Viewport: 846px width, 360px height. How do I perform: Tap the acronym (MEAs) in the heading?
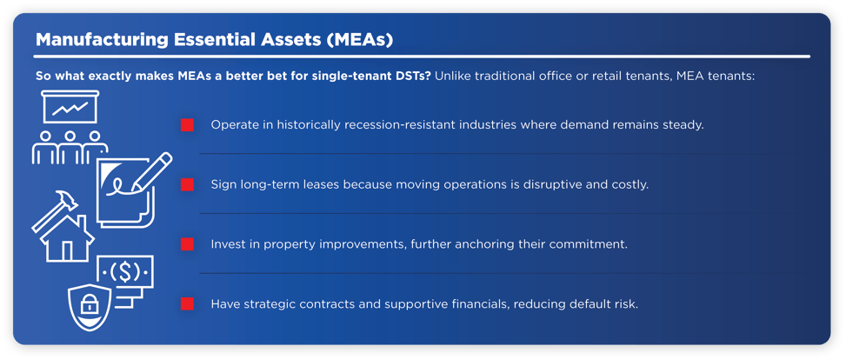(x=363, y=40)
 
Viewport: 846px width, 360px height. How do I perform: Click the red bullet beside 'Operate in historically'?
(x=187, y=125)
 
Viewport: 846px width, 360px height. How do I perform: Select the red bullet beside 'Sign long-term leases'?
(x=187, y=185)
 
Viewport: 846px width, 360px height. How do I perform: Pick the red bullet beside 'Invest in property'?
(x=187, y=244)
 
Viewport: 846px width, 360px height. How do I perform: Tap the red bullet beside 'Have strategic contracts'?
(x=187, y=303)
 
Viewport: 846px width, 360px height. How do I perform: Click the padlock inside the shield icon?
(x=90, y=304)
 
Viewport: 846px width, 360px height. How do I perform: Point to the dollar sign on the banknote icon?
(x=127, y=271)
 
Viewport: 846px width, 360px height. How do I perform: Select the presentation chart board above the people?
(x=72, y=110)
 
